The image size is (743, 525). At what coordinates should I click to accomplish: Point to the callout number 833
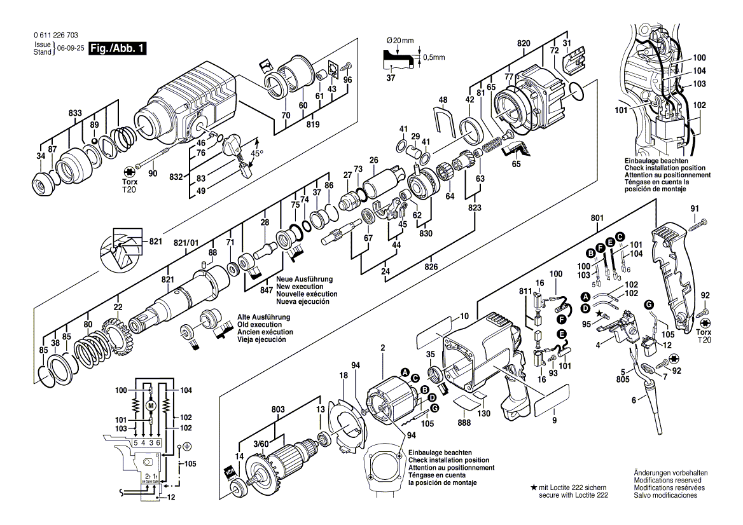coord(75,112)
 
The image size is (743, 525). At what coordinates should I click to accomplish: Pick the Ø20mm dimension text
coord(401,41)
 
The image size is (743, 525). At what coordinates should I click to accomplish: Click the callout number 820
coord(524,43)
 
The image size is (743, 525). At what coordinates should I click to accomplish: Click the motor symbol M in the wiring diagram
coord(151,406)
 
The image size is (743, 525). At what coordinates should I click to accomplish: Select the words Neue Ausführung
coord(304,279)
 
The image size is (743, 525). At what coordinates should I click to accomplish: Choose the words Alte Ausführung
coord(264,317)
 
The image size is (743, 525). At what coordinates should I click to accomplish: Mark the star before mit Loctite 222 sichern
coord(532,487)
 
